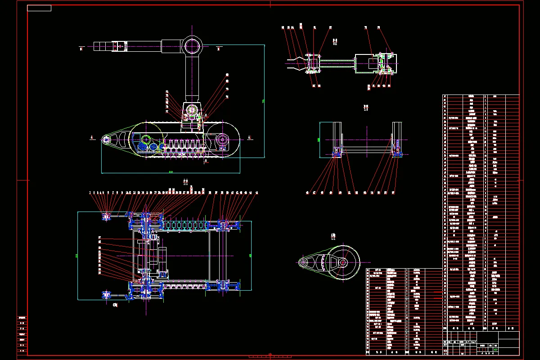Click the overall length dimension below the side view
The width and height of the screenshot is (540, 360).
coord(171,171)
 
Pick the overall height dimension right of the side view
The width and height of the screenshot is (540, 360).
coord(264,101)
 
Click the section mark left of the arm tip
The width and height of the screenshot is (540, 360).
coord(81,48)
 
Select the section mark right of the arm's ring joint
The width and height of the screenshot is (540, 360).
coord(219,47)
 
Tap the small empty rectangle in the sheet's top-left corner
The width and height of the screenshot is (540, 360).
coord(39,8)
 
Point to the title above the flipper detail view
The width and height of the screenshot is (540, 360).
coord(333,236)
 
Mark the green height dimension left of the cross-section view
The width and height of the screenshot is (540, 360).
coord(318,139)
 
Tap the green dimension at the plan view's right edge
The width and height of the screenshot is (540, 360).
coord(250,255)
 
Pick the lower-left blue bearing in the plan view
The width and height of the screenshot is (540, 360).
coord(107,294)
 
